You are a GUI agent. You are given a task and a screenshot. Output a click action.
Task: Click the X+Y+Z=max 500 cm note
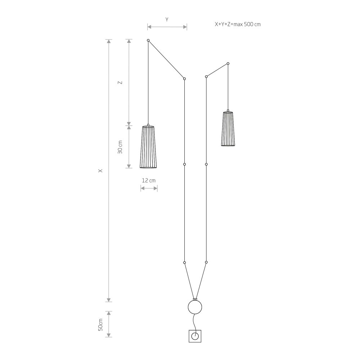point(238,24)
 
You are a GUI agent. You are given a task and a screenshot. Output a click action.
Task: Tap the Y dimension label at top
point(167,19)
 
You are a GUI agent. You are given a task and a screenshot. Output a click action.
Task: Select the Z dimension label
point(120,82)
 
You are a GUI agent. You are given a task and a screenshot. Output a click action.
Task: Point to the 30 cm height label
point(120,147)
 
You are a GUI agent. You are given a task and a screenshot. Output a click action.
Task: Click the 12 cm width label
point(149,180)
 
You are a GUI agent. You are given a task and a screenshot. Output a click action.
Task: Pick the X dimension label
point(100,171)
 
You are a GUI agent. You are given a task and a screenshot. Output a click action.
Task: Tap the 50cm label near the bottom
point(100,325)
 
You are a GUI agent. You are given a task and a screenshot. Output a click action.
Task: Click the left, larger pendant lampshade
point(148,147)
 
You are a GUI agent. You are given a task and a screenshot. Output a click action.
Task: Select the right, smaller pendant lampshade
point(228,129)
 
